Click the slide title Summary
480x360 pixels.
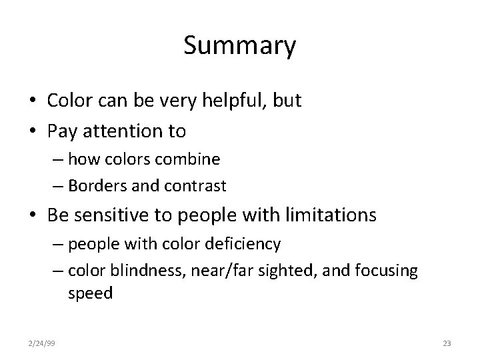click(x=239, y=47)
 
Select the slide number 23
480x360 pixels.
click(x=446, y=343)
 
